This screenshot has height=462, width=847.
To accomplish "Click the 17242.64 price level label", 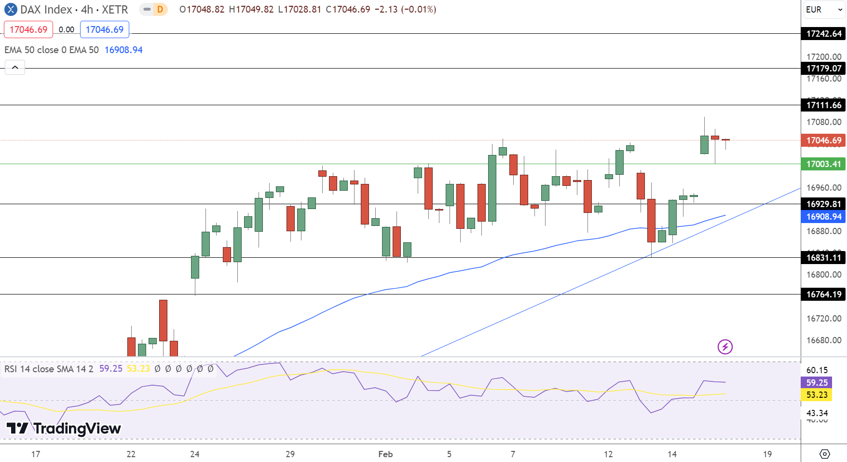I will tap(823, 34).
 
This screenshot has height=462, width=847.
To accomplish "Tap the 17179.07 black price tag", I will tap(823, 69).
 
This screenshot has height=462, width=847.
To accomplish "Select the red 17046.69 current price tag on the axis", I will tap(823, 140).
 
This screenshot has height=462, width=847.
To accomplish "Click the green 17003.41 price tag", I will tap(823, 164).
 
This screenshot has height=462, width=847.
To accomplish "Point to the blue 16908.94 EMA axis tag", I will tap(823, 217).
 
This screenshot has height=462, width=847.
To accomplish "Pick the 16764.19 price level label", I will tap(823, 294).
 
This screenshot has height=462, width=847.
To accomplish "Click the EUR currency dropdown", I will tap(823, 10).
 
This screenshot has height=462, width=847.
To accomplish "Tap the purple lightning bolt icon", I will tap(725, 347).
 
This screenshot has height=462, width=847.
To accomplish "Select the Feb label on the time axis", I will tap(385, 454).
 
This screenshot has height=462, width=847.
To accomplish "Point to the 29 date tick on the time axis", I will tap(290, 454).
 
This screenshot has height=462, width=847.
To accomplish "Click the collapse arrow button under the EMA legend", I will tap(15, 68).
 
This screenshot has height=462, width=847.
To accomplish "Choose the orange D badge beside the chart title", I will tap(160, 10).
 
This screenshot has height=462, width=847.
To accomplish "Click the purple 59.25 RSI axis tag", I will tap(817, 383).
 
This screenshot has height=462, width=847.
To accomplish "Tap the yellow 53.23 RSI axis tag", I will tap(817, 395).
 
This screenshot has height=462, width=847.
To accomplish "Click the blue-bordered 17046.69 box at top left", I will tap(105, 29).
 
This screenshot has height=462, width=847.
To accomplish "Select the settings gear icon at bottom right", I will tap(825, 454).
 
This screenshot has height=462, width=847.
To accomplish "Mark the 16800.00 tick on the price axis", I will tap(823, 275).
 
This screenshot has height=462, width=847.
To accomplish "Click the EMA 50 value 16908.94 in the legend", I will tap(123, 50).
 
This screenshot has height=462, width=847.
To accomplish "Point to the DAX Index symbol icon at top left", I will tap(11, 10).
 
